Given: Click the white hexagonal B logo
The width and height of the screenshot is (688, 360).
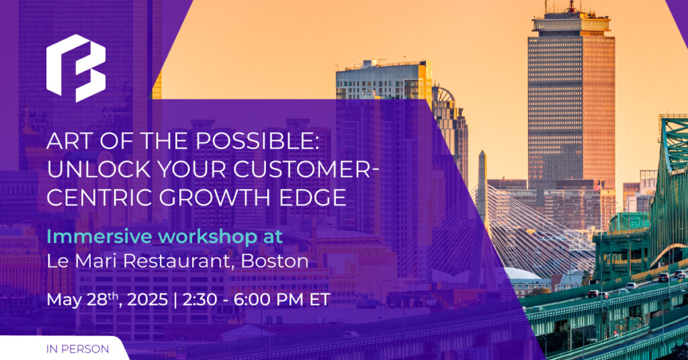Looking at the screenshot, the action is pyautogui.click(x=76, y=68).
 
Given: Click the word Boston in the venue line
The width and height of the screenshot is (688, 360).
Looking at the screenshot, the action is pyautogui.click(x=275, y=261).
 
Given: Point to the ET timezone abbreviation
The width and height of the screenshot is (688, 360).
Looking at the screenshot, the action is pyautogui.click(x=320, y=300).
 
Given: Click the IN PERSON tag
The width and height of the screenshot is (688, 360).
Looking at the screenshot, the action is pyautogui.click(x=78, y=349).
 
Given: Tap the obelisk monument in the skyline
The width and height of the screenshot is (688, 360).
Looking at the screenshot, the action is pyautogui.click(x=482, y=184).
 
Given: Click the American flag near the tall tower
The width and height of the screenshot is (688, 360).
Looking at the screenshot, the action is pyautogui.click(x=597, y=186).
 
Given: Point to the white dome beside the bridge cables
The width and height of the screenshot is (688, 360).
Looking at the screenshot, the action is pyautogui.click(x=522, y=274).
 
